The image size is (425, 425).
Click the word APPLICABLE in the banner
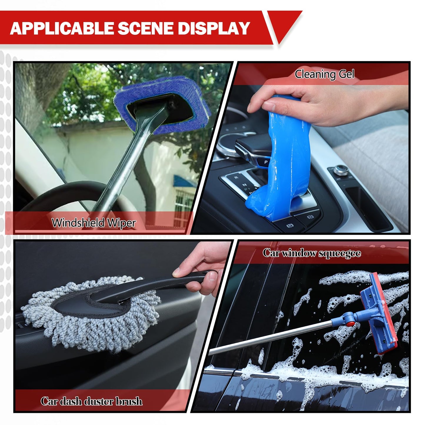click(x=62, y=28)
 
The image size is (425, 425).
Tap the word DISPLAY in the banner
click(x=214, y=28)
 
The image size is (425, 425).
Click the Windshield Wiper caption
click(x=94, y=223)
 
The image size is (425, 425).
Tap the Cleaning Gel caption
click(x=324, y=74)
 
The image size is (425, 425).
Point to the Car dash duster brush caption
click(x=91, y=395)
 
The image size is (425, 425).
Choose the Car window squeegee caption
click(x=312, y=253)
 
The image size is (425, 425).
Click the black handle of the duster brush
click(x=152, y=287)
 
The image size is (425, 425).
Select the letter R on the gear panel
click(x=236, y=177)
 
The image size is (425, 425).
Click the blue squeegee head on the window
click(x=378, y=313)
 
